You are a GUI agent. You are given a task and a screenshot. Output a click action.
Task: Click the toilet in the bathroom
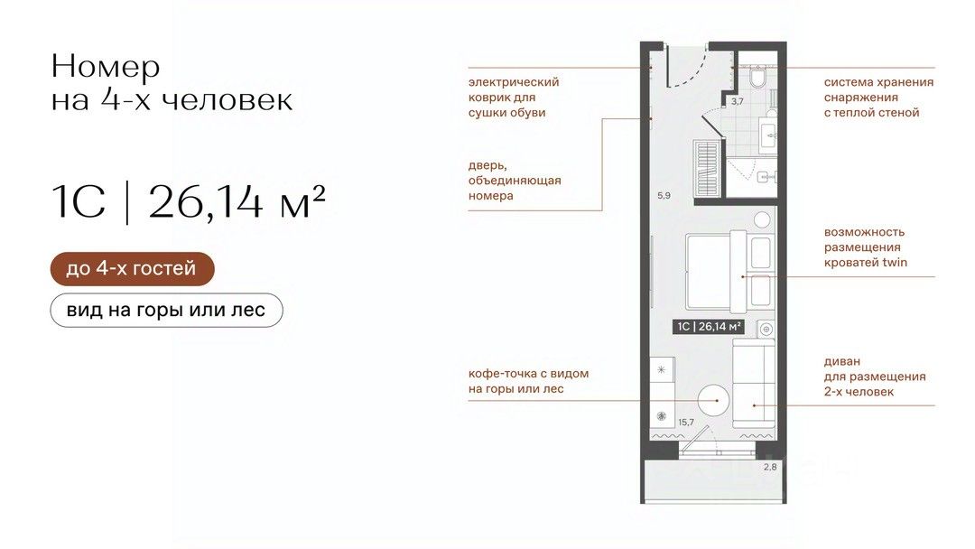point(757,78)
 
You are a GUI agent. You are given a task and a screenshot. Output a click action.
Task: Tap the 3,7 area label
point(737,101)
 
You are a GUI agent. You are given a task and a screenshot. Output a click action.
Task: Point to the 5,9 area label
point(664,195)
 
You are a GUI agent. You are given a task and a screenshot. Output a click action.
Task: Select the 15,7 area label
point(686,423)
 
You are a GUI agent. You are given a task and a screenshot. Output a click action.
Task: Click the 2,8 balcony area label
point(770,467)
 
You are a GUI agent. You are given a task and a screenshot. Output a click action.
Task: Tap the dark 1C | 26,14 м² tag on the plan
point(709,326)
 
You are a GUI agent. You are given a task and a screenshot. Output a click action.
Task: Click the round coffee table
point(712,400)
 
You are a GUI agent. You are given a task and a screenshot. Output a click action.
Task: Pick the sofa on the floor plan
point(754,383)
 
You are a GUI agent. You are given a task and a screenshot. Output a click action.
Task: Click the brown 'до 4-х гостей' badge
point(132,268)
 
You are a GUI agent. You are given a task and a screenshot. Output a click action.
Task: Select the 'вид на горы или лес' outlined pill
point(166,310)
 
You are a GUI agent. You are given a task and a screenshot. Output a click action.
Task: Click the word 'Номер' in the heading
point(106,67)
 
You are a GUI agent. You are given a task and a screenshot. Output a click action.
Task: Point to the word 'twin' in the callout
point(895,263)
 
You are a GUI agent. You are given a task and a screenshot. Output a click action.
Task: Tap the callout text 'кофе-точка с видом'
point(528,374)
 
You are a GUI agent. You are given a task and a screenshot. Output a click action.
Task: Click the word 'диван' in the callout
point(842,362)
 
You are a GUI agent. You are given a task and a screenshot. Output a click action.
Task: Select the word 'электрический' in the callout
point(514,82)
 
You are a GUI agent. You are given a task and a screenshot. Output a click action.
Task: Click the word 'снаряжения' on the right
point(861,98)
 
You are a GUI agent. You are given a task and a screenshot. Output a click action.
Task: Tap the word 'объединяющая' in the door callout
point(515,181)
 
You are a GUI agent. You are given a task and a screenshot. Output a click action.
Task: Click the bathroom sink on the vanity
point(767,133)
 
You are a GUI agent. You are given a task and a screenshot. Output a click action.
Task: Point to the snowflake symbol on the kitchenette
point(662,369)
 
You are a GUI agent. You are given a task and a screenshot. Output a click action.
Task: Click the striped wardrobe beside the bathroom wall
point(706,168)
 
